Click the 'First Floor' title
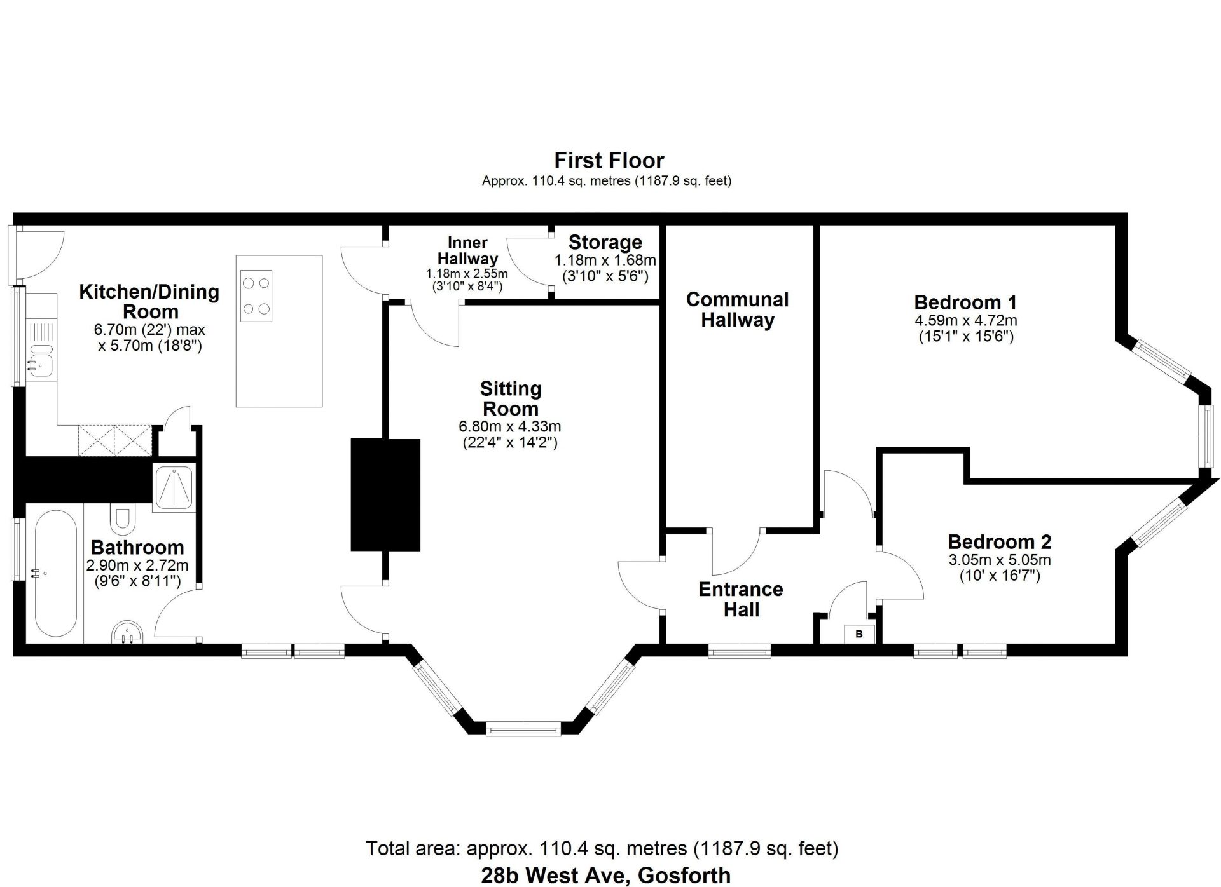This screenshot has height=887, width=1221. [x=609, y=160]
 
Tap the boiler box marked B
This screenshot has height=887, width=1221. [x=859, y=633]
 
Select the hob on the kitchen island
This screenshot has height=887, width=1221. [x=257, y=295]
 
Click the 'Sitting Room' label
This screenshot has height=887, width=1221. [x=510, y=398]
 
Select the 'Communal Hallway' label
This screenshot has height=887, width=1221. [x=737, y=309]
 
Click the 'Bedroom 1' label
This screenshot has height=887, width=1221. [x=965, y=302]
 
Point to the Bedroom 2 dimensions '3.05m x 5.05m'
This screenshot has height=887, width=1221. [x=999, y=560]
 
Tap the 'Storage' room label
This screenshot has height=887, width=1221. [x=605, y=242]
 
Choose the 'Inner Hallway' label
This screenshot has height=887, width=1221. [x=467, y=250]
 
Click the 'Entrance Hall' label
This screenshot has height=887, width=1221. [x=741, y=599]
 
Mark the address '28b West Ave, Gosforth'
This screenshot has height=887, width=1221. [x=606, y=875]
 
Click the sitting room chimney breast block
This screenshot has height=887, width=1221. [x=385, y=494]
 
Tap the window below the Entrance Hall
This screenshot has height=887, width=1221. [x=739, y=651]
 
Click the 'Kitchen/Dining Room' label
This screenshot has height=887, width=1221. [x=149, y=301]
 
